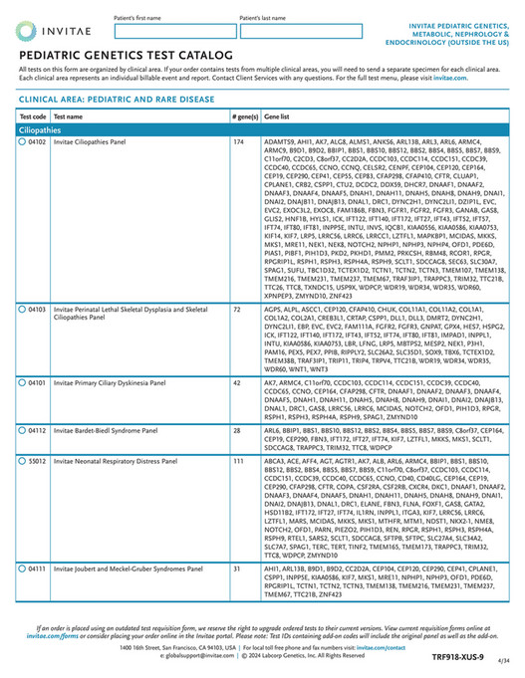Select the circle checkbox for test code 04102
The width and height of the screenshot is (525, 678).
pyautogui.click(x=23, y=142)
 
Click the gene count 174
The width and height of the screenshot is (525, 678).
pyautogui.click(x=239, y=142)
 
